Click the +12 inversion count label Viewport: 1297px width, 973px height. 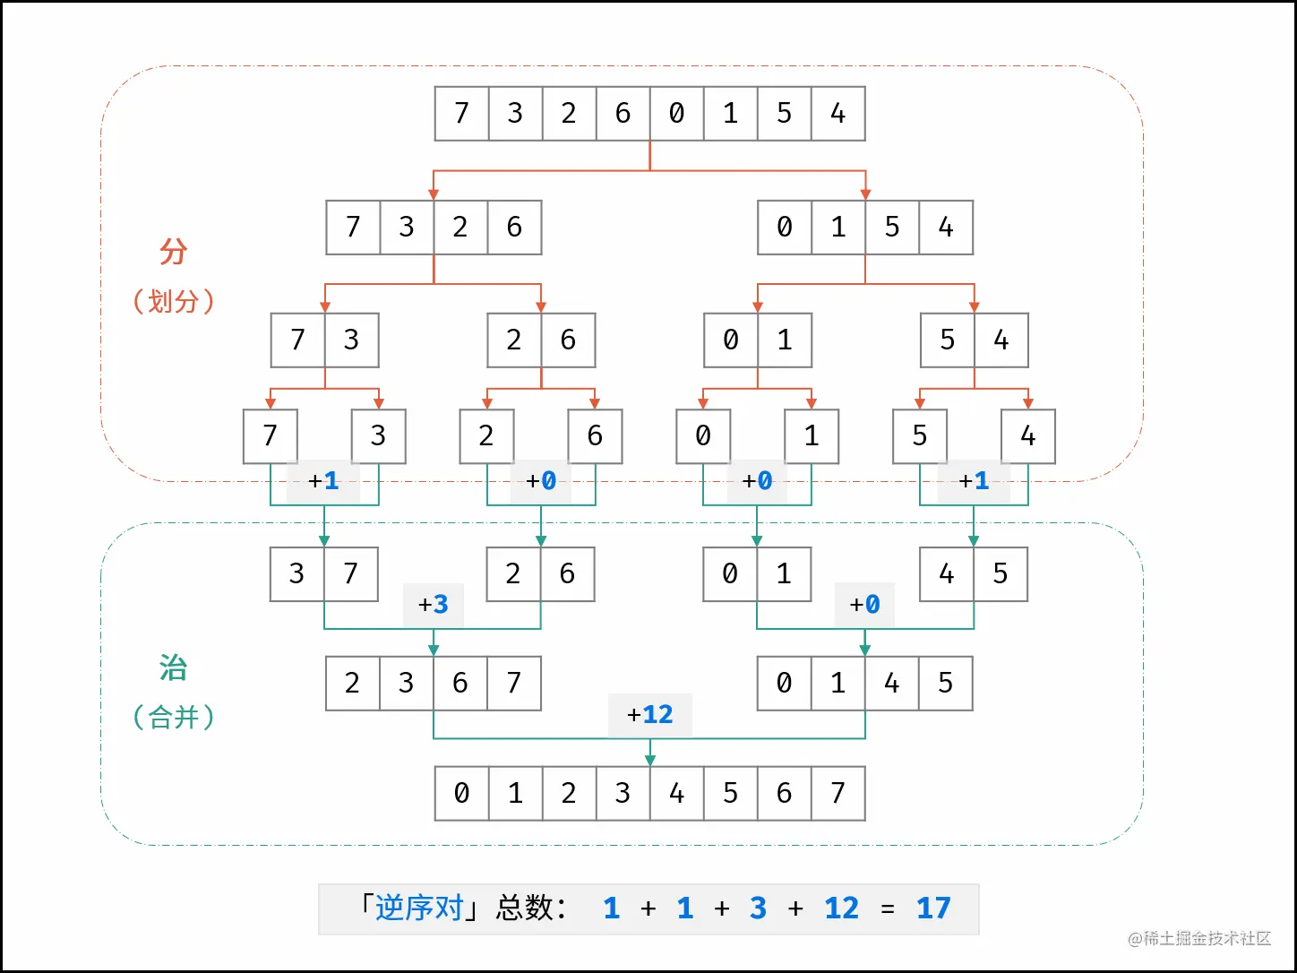(650, 714)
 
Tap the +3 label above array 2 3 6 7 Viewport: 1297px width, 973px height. (434, 605)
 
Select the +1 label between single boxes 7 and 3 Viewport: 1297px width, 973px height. (323, 481)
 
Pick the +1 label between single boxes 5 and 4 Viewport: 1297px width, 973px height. (974, 481)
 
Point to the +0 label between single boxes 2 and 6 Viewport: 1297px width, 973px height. (541, 481)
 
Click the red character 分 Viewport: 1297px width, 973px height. (174, 252)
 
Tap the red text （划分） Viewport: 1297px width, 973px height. (174, 301)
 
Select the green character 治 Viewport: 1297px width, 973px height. (174, 667)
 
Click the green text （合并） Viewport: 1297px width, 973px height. (174, 717)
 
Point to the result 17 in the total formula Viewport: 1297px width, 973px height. (933, 908)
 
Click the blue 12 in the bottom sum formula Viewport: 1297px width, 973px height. (841, 908)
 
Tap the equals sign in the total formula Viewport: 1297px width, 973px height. (888, 909)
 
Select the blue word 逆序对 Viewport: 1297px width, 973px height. (419, 908)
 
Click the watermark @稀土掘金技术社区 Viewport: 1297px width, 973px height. (1199, 938)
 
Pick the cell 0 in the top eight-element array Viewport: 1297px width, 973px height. (677, 114)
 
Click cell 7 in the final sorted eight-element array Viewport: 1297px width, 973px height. (838, 793)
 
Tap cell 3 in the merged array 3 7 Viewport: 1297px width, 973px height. (297, 574)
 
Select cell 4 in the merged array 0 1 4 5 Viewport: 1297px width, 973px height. (892, 684)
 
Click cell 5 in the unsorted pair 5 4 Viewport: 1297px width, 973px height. (948, 340)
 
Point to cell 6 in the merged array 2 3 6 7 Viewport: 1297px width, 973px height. (460, 684)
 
